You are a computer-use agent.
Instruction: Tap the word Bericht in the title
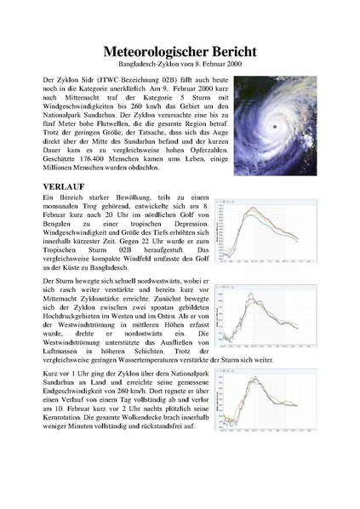point(241,52)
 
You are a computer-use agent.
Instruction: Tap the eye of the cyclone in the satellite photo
point(275,127)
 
